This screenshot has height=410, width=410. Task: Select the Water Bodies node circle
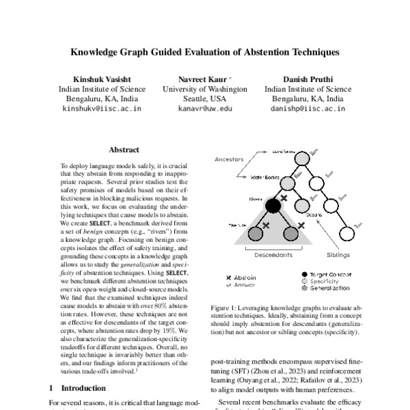tap(287, 182)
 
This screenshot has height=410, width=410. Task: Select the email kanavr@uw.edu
tap(205, 109)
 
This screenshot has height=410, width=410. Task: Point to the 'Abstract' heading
tap(124, 150)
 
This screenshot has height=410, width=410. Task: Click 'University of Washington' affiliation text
tap(205, 90)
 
